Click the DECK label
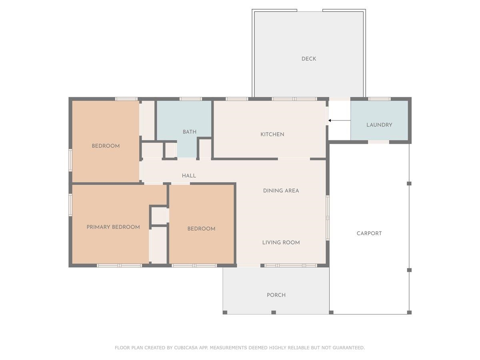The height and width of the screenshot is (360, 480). click(x=308, y=59)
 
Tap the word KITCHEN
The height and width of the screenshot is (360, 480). click(x=272, y=134)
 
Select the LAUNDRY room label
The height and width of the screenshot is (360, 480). click(x=379, y=125)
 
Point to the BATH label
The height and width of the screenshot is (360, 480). click(x=190, y=132)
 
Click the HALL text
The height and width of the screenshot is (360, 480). click(x=189, y=176)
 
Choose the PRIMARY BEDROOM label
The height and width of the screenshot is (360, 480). click(x=113, y=227)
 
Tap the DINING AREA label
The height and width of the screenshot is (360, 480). click(x=281, y=191)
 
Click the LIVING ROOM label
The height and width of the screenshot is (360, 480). click(x=281, y=242)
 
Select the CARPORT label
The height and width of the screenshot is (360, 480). click(x=369, y=233)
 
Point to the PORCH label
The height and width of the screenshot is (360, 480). click(x=276, y=295)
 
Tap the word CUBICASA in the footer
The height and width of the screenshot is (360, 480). click(x=184, y=348)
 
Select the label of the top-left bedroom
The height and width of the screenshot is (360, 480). click(x=106, y=146)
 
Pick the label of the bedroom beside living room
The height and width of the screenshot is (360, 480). click(x=201, y=229)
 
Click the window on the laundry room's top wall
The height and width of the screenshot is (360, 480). click(x=379, y=99)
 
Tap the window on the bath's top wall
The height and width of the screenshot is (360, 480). click(x=190, y=99)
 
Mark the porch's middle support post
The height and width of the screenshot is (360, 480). click(x=274, y=312)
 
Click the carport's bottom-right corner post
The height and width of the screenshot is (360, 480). click(x=409, y=312)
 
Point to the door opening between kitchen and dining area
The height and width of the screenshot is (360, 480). click(x=294, y=159)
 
